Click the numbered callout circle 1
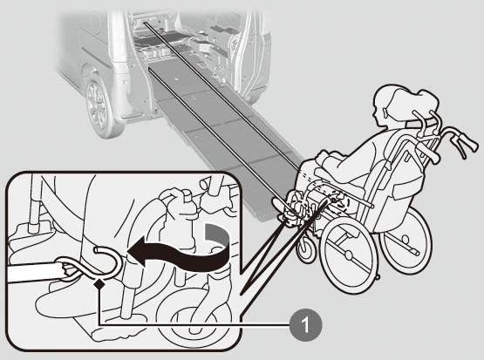[305, 325]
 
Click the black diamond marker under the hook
[99, 283]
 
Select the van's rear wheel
[99, 105]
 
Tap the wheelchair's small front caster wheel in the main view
[306, 248]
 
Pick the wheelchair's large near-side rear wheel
[349, 255]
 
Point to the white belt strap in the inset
[34, 271]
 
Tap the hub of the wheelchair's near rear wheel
[349, 255]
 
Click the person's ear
[385, 112]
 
